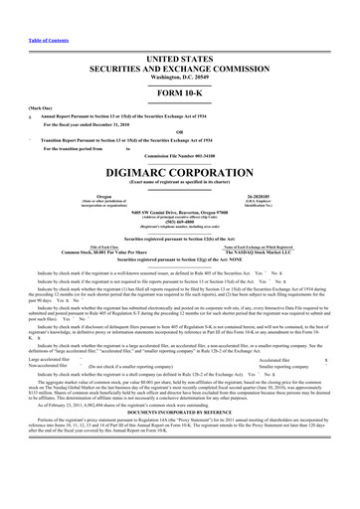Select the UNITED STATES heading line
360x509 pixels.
click(180, 34)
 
